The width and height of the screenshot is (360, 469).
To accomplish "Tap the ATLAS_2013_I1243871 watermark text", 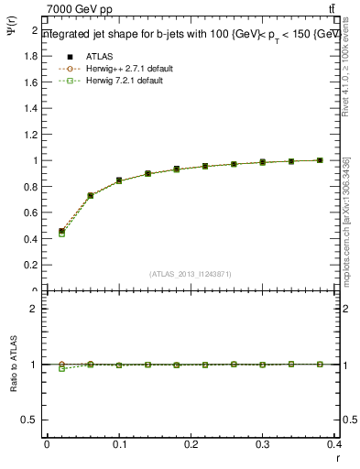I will click(191, 274).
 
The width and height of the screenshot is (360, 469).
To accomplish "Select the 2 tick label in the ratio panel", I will click(36, 309).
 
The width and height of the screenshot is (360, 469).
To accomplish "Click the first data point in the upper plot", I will click(61, 232).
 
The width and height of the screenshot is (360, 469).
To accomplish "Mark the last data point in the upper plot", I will click(320, 160).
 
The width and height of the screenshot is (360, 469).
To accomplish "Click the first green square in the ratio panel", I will click(61, 368).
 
